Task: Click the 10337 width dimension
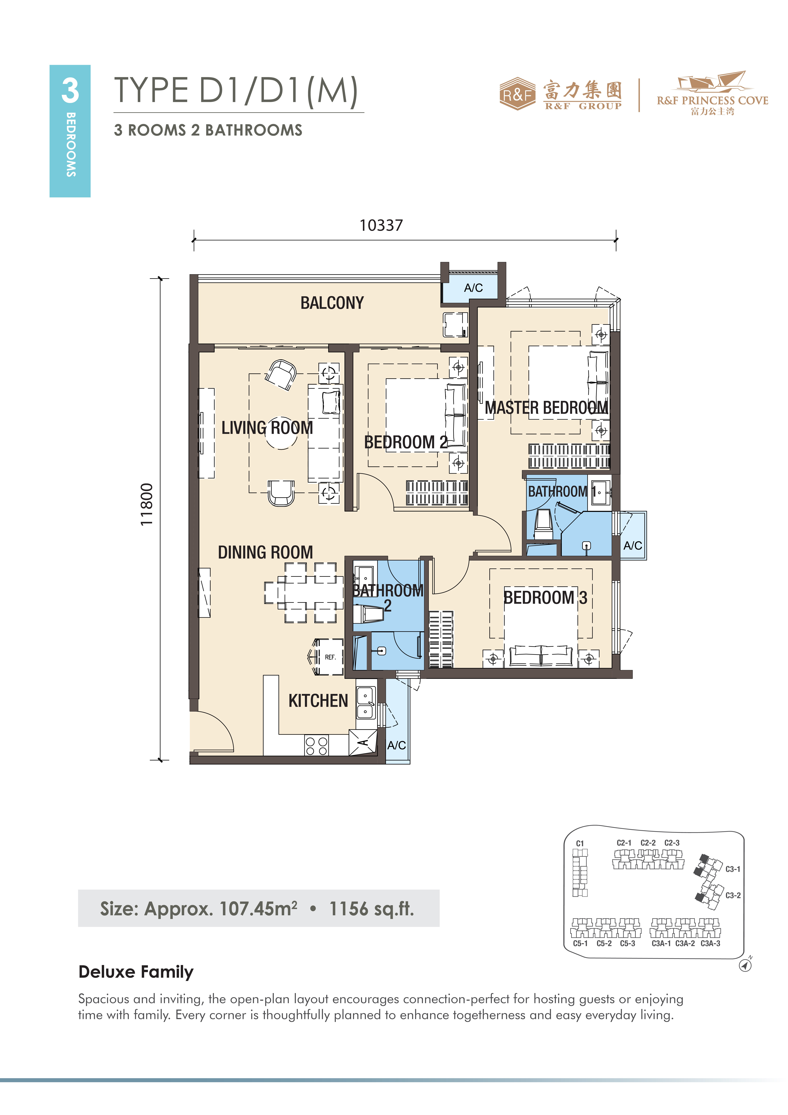pos(381,225)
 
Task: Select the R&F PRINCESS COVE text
pos(712,101)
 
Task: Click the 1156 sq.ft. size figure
pos(371,909)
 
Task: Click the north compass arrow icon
pos(745,965)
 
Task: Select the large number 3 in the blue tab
pos(70,90)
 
